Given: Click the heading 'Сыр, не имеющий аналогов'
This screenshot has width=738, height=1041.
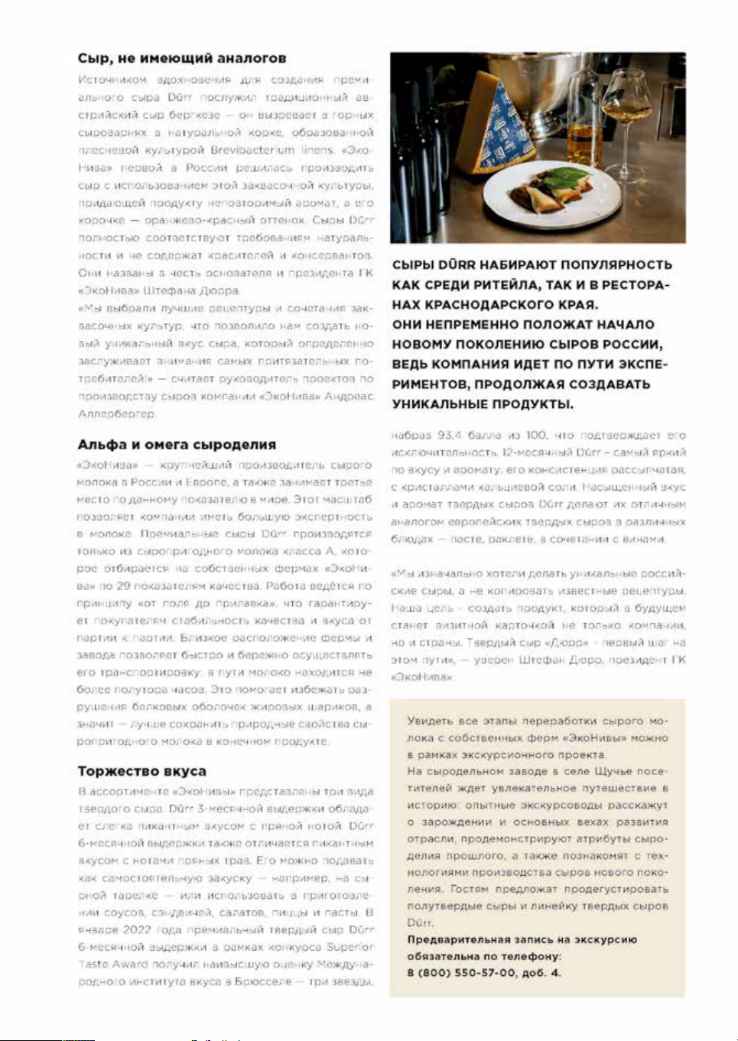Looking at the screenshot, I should click(182, 58).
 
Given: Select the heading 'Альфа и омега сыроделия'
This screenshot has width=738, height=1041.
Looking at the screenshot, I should click(177, 445).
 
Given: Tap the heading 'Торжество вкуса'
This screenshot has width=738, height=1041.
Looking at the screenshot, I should click(141, 771).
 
